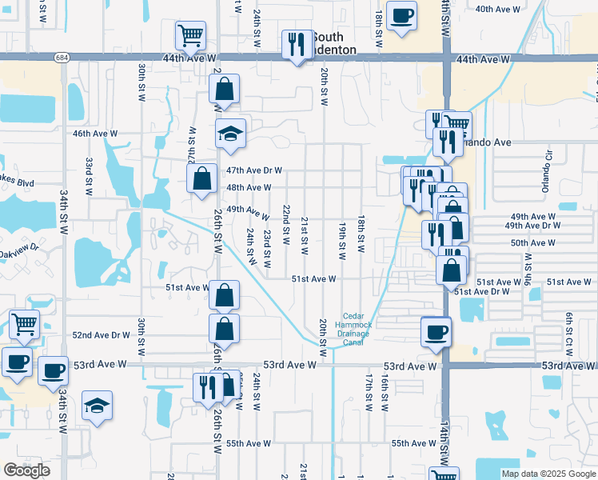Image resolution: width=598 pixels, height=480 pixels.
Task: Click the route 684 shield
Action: click(x=62, y=58)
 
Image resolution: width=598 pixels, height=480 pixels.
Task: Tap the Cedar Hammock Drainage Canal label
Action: click(x=357, y=329)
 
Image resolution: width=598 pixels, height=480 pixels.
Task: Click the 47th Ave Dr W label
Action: click(x=254, y=170)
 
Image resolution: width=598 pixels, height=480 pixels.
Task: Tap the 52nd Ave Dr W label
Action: click(x=101, y=335)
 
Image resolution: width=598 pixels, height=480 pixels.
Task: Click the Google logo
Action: click(x=26, y=470)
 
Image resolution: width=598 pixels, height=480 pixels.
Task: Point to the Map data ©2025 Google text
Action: click(x=548, y=474)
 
